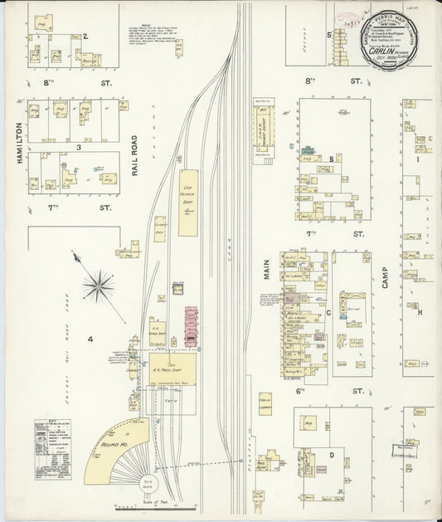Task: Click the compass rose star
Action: (x=99, y=286)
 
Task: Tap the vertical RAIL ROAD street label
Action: (x=135, y=155)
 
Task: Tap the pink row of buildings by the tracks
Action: (x=190, y=324)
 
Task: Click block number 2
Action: (x=85, y=37)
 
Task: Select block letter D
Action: (x=331, y=455)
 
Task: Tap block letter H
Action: (x=420, y=312)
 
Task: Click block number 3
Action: (x=78, y=148)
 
